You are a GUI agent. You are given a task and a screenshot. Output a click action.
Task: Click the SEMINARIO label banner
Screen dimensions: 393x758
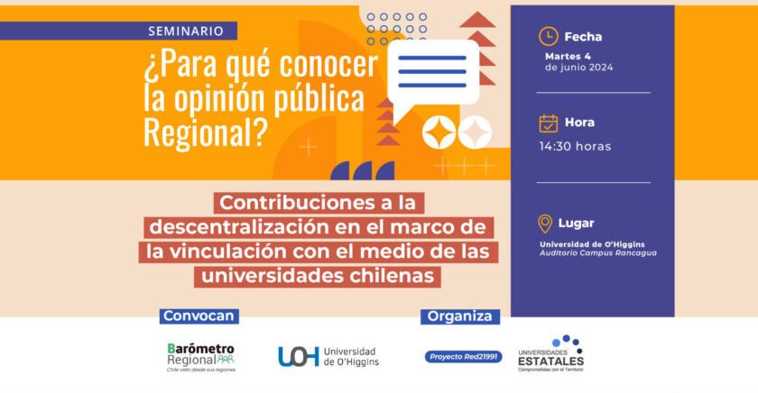click(x=186, y=31)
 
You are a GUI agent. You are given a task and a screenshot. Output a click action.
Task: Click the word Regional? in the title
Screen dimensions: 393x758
click(x=206, y=132)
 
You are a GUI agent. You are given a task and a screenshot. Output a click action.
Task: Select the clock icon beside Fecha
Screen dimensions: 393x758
click(x=548, y=36)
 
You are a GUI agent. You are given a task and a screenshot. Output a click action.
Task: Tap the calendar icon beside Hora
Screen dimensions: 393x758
click(x=548, y=123)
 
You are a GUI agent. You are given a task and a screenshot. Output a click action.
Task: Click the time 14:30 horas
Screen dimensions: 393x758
click(x=575, y=146)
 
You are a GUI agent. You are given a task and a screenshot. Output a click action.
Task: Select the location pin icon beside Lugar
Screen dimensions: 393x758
click(x=545, y=224)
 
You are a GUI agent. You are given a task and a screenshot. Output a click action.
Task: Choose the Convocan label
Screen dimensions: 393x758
click(x=199, y=316)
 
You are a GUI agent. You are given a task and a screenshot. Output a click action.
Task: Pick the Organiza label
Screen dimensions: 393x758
click(x=460, y=316)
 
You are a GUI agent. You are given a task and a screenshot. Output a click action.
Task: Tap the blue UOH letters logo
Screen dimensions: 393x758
click(x=298, y=357)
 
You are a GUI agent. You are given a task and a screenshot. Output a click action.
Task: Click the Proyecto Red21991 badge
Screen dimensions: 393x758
click(x=463, y=357)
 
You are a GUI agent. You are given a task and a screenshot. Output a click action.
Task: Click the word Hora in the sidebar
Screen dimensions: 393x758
click(x=580, y=123)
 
